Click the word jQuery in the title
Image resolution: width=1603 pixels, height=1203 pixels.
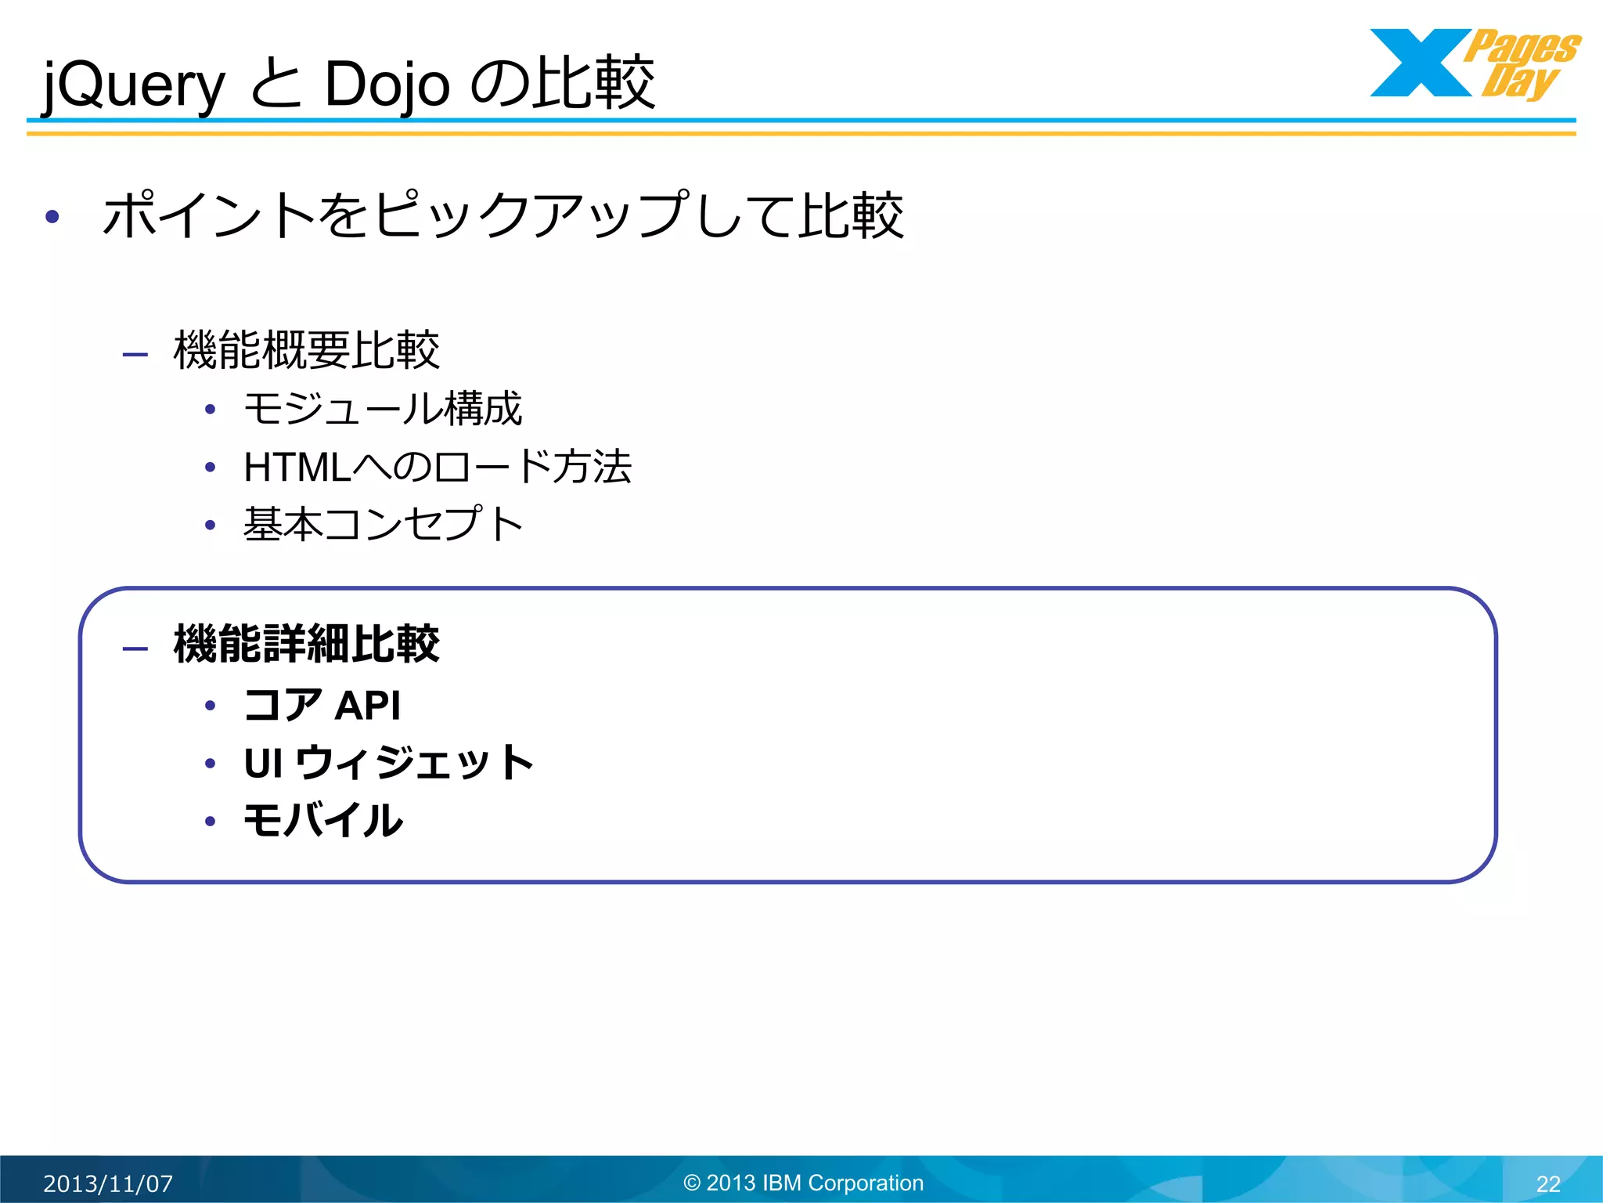[133, 85]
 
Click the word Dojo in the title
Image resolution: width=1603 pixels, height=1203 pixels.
[387, 85]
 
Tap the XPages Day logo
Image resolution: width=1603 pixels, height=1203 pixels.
[1475, 64]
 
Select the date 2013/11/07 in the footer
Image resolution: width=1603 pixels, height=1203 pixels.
[108, 1183]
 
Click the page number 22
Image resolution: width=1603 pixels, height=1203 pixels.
[1548, 1183]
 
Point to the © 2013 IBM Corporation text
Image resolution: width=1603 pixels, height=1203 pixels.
[803, 1183]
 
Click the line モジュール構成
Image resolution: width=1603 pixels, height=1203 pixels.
[383, 409]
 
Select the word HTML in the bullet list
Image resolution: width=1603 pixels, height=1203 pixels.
[297, 468]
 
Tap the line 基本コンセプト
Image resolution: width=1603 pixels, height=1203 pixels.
[383, 524]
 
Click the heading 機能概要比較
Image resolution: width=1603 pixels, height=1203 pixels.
[306, 350]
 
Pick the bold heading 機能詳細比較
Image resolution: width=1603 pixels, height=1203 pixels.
[306, 645]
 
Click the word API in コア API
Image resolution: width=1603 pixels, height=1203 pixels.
[367, 706]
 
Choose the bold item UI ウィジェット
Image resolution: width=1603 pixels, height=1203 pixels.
[388, 763]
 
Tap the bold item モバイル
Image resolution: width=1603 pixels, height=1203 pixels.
[323, 821]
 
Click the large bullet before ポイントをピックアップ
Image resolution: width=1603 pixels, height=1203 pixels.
[52, 217]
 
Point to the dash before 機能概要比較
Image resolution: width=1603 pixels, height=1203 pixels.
[135, 355]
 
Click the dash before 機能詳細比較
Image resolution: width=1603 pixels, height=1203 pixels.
[135, 648]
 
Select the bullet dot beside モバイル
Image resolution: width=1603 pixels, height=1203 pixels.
[210, 822]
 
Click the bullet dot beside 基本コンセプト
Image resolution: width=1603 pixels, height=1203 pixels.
[210, 525]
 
